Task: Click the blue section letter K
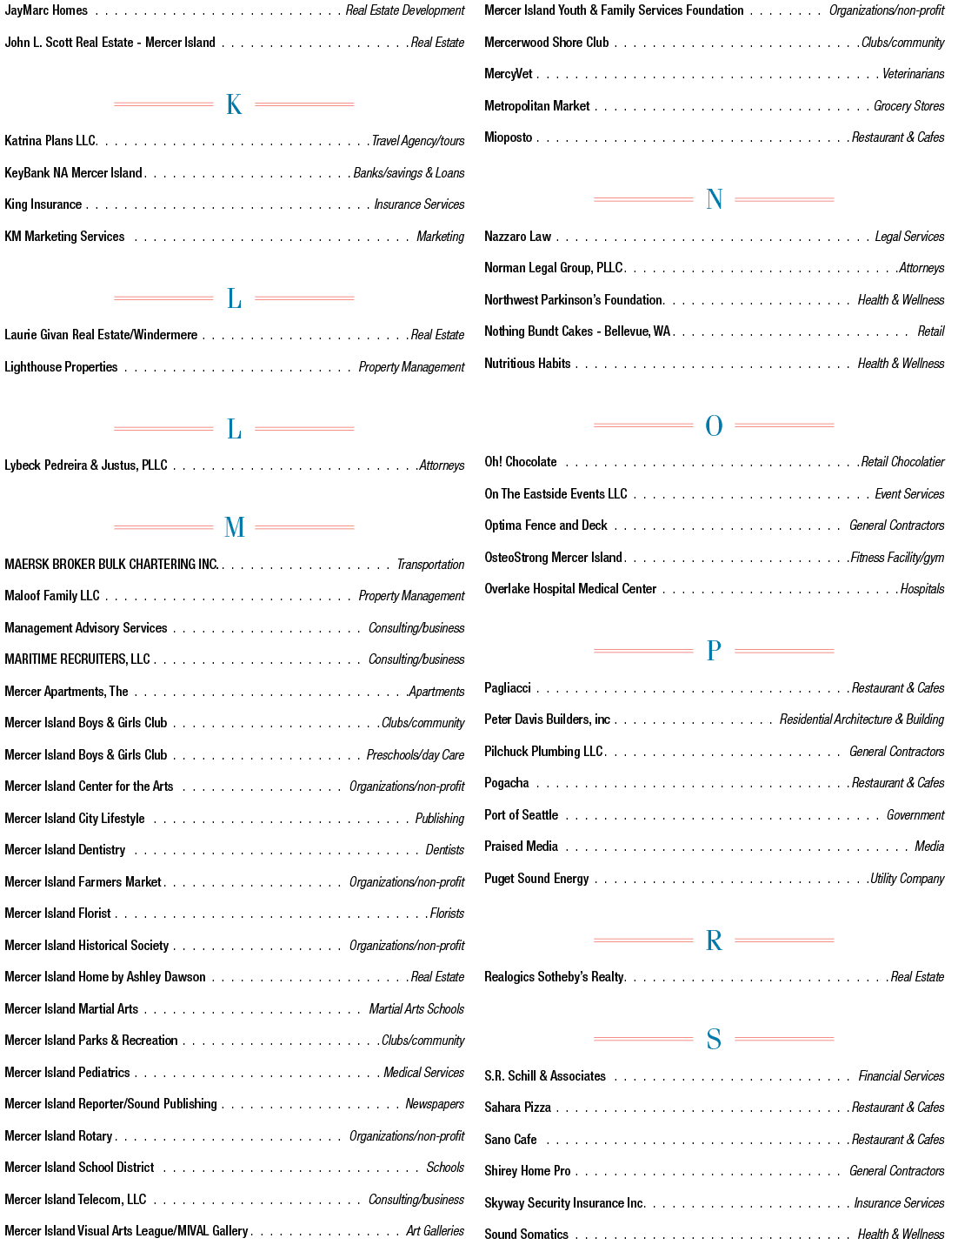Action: pyautogui.click(x=234, y=104)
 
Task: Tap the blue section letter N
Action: pyautogui.click(x=714, y=199)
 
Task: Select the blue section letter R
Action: pyautogui.click(x=714, y=940)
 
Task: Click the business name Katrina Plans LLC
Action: pyautogui.click(x=51, y=141)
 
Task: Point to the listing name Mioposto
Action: pyautogui.click(x=509, y=138)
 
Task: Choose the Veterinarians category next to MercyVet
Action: pyautogui.click(x=913, y=74)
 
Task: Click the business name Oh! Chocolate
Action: pyautogui.click(x=520, y=462)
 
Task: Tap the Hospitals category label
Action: pyautogui.click(x=922, y=589)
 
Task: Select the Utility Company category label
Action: pyautogui.click(x=907, y=879)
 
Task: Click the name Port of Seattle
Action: pyautogui.click(x=521, y=815)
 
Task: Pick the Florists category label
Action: pyautogui.click(x=447, y=914)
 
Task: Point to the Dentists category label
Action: pyautogui.click(x=445, y=850)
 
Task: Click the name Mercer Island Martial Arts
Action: pyautogui.click(x=71, y=1009)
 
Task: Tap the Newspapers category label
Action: pyautogui.click(x=435, y=1104)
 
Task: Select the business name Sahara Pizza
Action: pyautogui.click(x=517, y=1108)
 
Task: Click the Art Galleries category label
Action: pyautogui.click(x=435, y=1231)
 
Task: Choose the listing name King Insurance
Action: pyautogui.click(x=43, y=204)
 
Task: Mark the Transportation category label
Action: pyautogui.click(x=430, y=565)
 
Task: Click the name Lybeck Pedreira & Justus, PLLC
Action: pyautogui.click(x=86, y=465)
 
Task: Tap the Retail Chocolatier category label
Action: pyautogui.click(x=902, y=462)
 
